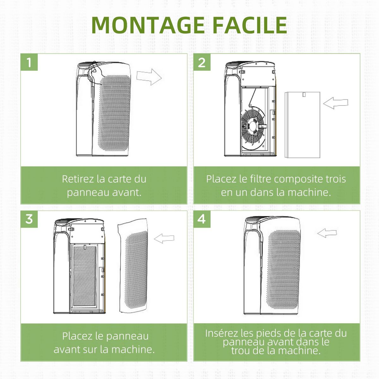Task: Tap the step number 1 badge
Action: [x=29, y=62]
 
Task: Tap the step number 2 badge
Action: [x=202, y=62]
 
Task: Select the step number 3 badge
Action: [x=29, y=219]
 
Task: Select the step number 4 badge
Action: [x=202, y=219]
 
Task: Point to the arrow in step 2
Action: [x=335, y=103]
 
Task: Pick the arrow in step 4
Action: [x=327, y=233]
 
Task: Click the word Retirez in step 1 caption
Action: [x=78, y=179]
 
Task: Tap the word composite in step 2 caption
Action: [x=298, y=179]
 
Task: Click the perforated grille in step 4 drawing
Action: [x=283, y=268]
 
